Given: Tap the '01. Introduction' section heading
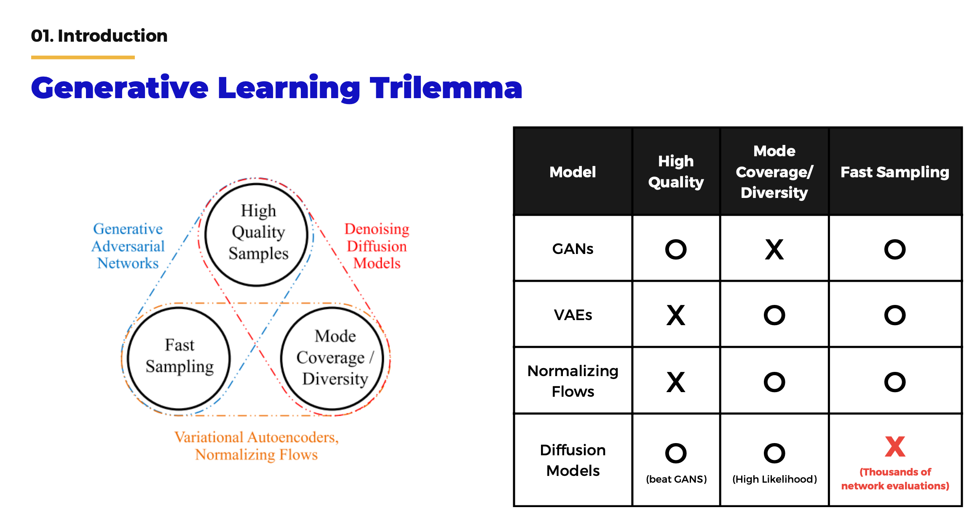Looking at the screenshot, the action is [x=99, y=36].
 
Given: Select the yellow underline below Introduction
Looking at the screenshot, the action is [x=83, y=57].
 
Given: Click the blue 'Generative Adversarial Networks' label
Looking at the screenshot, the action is [x=128, y=246].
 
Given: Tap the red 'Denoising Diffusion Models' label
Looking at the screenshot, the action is [x=377, y=246].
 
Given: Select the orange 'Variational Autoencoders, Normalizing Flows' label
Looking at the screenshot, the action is [x=257, y=446].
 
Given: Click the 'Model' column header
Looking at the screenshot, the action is [x=573, y=172].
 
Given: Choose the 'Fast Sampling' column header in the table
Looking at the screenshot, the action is [x=895, y=172].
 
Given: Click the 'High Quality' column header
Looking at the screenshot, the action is [x=676, y=172].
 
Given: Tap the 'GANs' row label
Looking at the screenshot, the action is [x=573, y=249].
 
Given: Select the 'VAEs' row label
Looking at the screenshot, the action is [x=573, y=315].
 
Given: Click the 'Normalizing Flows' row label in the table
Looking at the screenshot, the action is [x=573, y=381].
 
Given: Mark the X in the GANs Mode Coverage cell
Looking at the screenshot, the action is [x=774, y=249].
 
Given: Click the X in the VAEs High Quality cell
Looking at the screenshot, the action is [x=676, y=315].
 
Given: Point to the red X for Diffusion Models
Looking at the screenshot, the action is [x=895, y=447].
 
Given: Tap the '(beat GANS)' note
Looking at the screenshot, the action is [x=676, y=479].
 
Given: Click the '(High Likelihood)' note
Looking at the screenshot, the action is [x=774, y=479].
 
